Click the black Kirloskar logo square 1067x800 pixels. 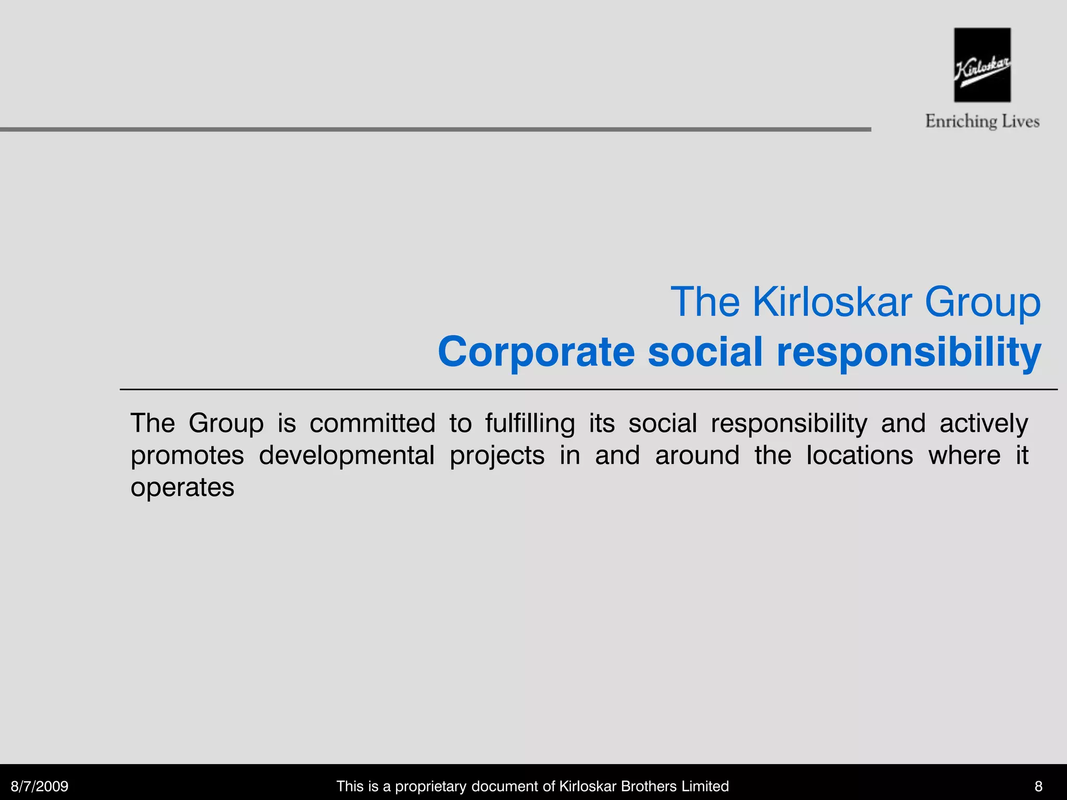pyautogui.click(x=982, y=65)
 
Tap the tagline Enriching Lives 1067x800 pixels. pyautogui.click(x=982, y=121)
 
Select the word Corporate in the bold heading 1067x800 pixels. pyautogui.click(x=536, y=352)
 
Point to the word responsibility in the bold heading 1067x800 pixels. pyautogui.click(x=909, y=352)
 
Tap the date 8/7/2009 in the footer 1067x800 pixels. pyautogui.click(x=40, y=786)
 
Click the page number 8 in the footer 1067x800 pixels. pyautogui.click(x=1038, y=786)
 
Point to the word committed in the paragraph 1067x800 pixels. pyautogui.click(x=372, y=423)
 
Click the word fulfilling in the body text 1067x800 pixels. pyautogui.click(x=530, y=423)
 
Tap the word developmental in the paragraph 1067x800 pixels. pyautogui.click(x=346, y=455)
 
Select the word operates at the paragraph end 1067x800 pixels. pyautogui.click(x=182, y=488)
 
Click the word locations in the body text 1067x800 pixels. pyautogui.click(x=860, y=455)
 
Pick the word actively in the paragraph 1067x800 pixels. pyautogui.click(x=984, y=423)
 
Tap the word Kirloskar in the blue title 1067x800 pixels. pyautogui.click(x=832, y=303)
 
